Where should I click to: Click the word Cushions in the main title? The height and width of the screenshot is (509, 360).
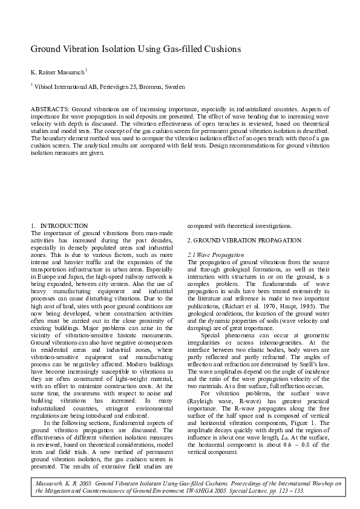point(220,48)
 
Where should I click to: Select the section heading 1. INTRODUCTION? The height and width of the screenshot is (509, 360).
point(59,225)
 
